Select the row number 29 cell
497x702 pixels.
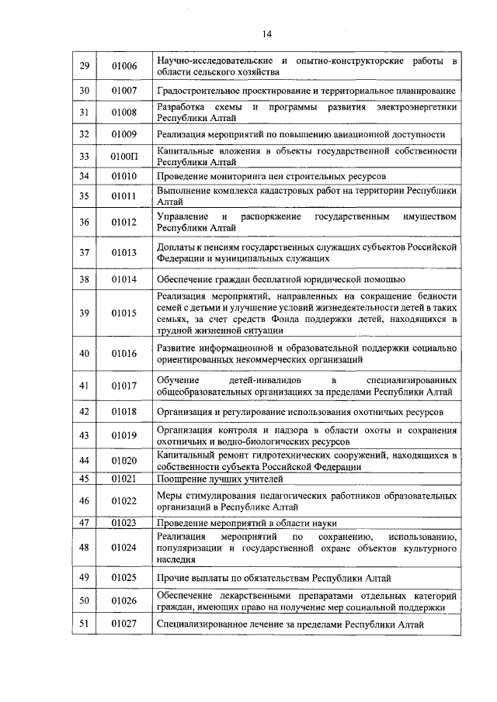(85, 66)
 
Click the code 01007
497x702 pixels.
(123, 91)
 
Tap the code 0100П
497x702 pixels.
(123, 157)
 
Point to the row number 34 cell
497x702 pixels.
(85, 176)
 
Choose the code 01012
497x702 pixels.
(123, 222)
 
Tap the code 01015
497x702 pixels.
(123, 313)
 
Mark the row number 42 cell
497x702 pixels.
(85, 411)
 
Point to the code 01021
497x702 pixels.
(123, 479)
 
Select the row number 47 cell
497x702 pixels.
(85, 523)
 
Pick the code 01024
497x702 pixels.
(123, 548)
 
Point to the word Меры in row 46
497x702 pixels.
(169, 495)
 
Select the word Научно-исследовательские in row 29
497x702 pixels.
(210, 60)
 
